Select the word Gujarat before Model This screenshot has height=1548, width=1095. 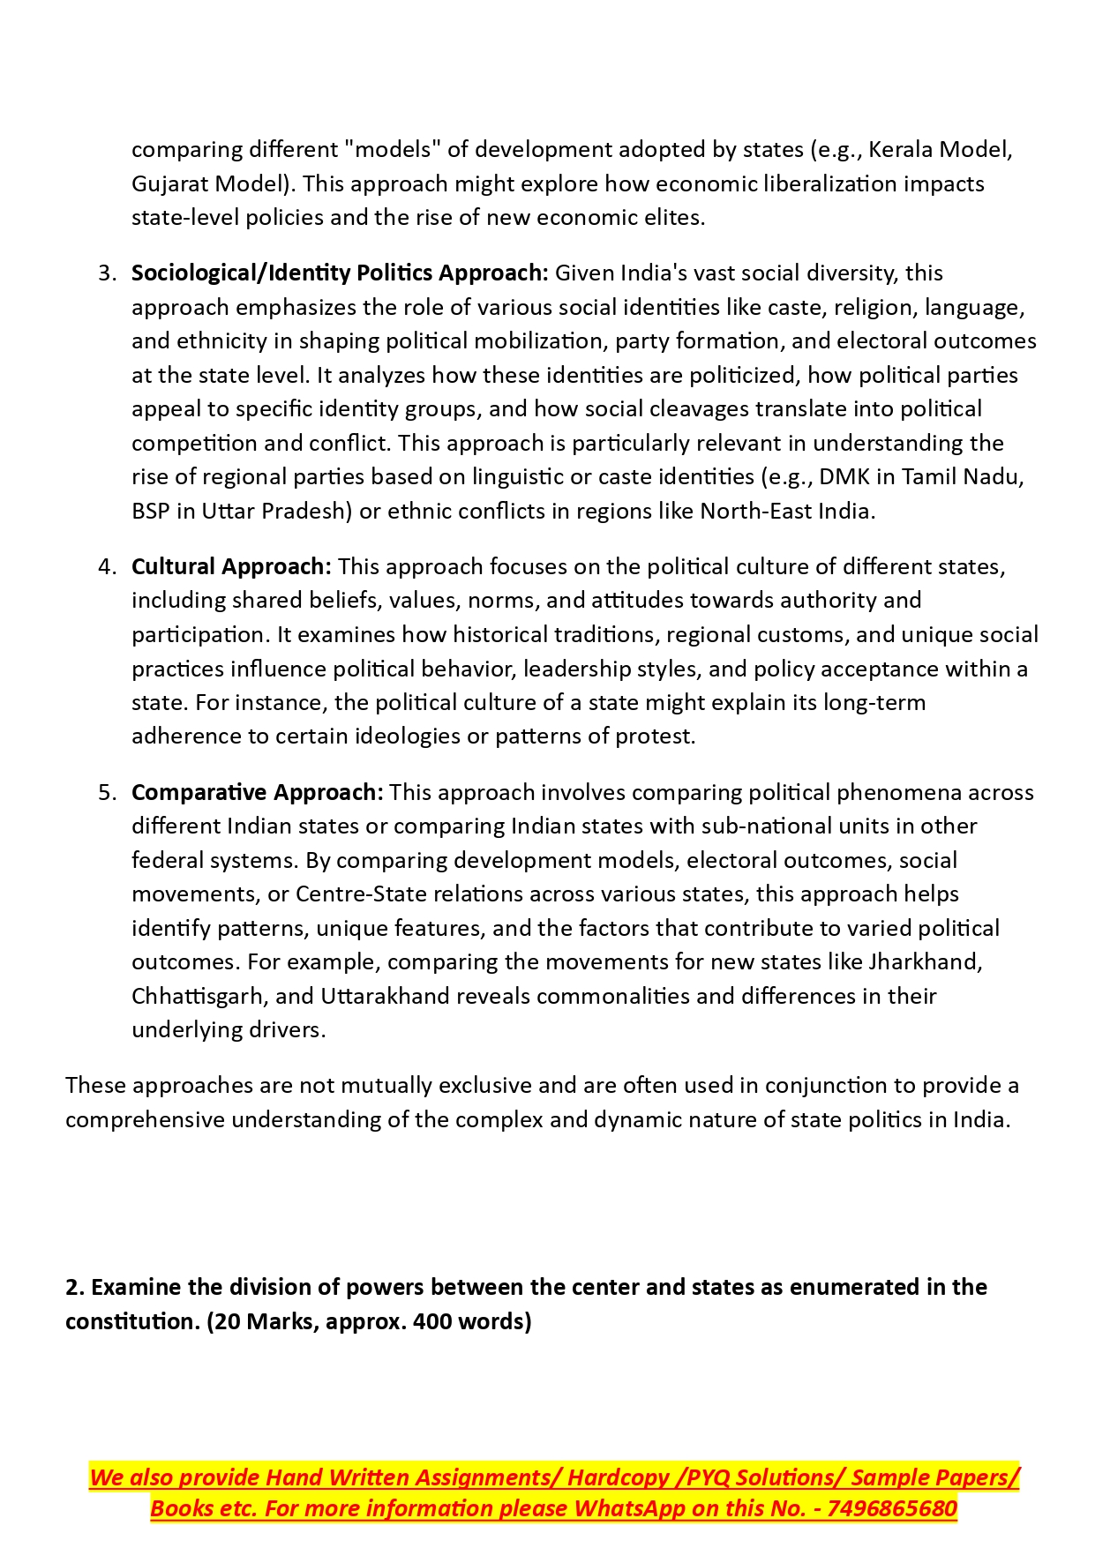169,183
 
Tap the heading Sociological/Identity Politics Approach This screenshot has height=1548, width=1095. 340,273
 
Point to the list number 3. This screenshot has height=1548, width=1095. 106,273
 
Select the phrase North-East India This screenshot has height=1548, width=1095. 785,511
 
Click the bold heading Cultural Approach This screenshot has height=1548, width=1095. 231,566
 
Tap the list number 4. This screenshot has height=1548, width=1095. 106,566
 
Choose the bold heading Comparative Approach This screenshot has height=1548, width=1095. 257,792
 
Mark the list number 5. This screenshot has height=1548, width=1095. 106,792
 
